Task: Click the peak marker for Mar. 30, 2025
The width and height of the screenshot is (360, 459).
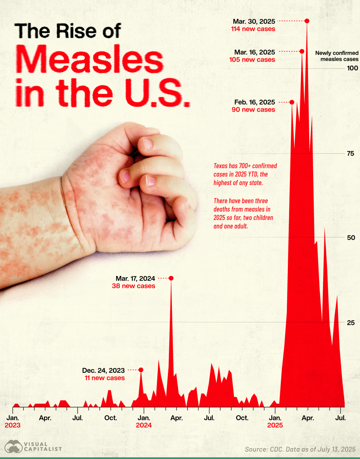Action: [x=307, y=21]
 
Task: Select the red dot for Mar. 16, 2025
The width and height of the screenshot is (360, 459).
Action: [x=302, y=51]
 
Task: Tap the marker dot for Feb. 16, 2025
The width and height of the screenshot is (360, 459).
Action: [x=292, y=102]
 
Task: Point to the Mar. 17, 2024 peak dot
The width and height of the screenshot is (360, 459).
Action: [x=171, y=278]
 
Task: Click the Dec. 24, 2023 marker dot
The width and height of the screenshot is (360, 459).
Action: [x=141, y=370]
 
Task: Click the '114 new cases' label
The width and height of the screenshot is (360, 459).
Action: [x=253, y=29]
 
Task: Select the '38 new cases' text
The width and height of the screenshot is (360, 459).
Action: [x=133, y=286]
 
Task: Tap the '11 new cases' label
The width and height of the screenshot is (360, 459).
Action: [x=104, y=378]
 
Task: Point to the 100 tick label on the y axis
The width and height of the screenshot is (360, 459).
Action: [x=352, y=68]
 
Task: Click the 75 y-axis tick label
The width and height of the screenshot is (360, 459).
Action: [x=350, y=154]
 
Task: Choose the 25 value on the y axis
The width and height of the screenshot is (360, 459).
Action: [x=350, y=323]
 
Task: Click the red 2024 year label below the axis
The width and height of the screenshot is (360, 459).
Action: [x=144, y=425]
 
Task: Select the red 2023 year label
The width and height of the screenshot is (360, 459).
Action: [x=12, y=425]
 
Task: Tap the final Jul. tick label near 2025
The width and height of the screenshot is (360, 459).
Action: [x=341, y=418]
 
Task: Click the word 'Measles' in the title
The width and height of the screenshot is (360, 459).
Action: [x=89, y=59]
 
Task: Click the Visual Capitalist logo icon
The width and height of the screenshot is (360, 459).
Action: [x=13, y=447]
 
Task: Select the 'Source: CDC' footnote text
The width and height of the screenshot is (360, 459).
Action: [x=300, y=449]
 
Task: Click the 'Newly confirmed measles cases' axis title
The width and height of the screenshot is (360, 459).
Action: [x=336, y=56]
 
